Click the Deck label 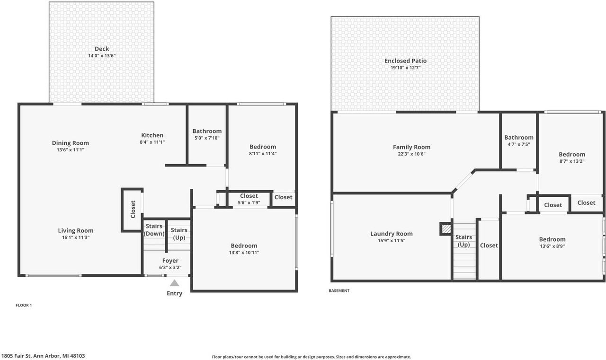click(x=102, y=49)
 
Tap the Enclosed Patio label click(x=405, y=61)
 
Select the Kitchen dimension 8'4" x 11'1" click(x=152, y=142)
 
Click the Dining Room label click(x=71, y=143)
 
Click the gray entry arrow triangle click(x=174, y=283)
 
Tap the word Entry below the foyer click(x=174, y=293)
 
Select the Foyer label click(x=170, y=261)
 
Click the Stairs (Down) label click(x=154, y=230)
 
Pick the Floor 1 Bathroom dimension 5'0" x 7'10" click(x=207, y=138)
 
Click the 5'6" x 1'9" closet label click(x=249, y=202)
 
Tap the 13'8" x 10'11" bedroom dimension click(x=244, y=252)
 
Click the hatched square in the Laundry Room click(x=446, y=229)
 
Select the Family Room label click(x=411, y=147)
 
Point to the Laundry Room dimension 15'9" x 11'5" click(x=391, y=240)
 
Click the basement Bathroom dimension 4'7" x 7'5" click(x=518, y=144)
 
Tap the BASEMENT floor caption click(x=339, y=291)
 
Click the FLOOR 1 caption click(x=24, y=306)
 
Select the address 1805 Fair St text click(x=43, y=356)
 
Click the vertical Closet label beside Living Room click(x=133, y=209)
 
